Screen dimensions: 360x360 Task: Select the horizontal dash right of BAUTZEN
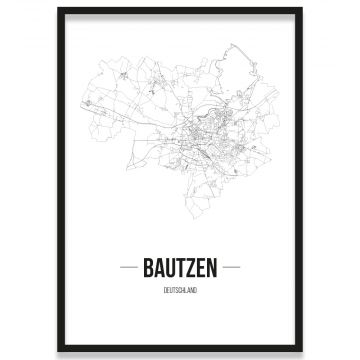point(232,267)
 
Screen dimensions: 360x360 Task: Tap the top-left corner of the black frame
point(59,9)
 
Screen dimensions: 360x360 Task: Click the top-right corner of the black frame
point(299,9)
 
